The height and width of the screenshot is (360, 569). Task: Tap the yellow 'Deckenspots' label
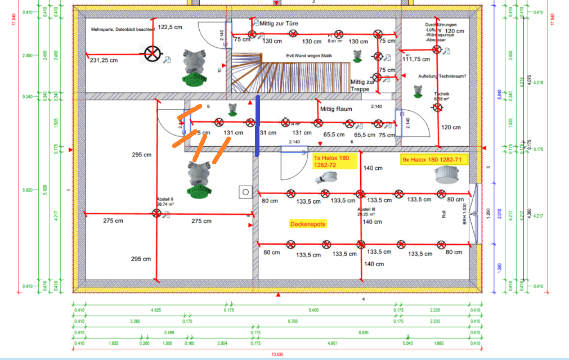tap(307, 224)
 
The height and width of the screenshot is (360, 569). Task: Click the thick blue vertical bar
tap(258, 125)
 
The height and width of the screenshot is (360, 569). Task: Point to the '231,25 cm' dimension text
tap(104, 60)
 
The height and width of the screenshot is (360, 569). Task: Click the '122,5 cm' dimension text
tap(169, 27)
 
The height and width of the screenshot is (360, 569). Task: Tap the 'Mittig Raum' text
tap(335, 109)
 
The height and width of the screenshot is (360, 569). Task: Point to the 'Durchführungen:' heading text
tap(442, 25)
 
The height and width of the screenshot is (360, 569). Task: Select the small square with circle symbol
tap(245, 192)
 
